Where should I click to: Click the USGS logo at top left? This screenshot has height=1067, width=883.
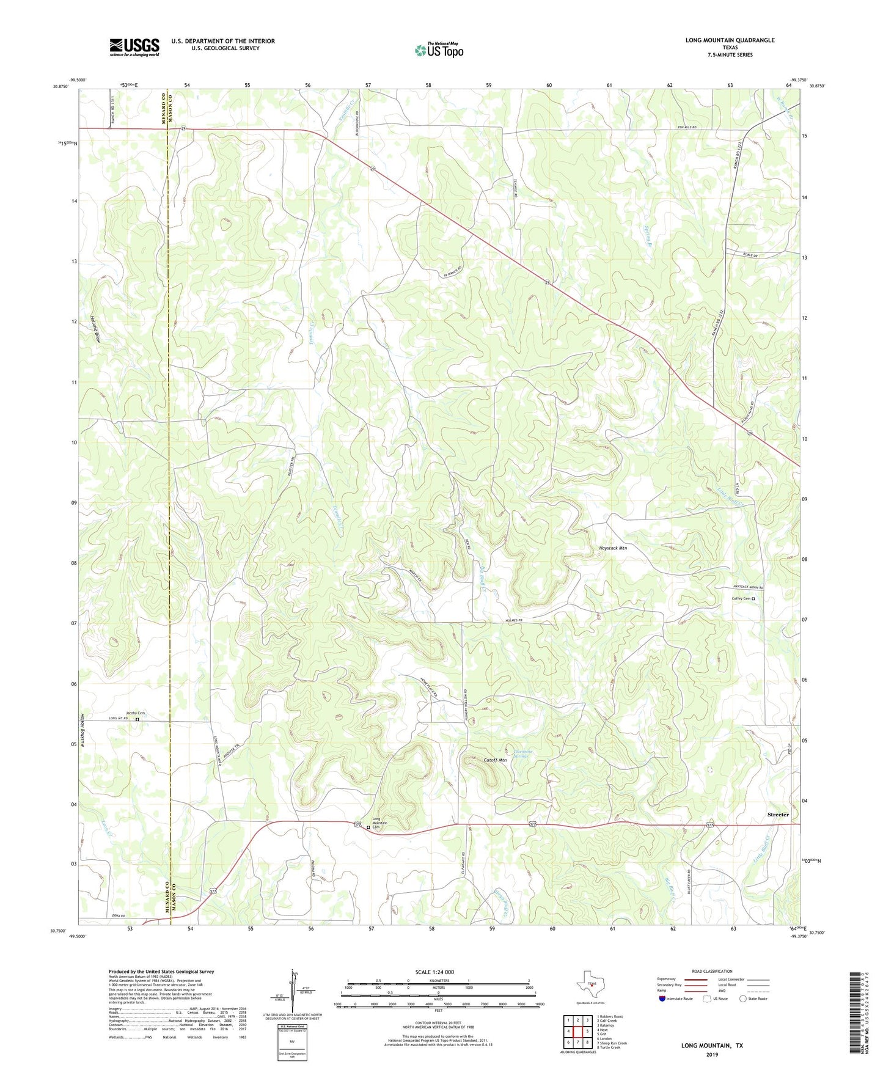coord(134,47)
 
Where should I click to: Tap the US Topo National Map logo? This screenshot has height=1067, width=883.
coord(439,50)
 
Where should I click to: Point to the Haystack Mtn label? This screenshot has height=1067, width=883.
coord(613,548)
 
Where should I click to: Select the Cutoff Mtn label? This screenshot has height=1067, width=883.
coord(495,760)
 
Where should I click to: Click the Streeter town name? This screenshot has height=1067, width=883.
coord(778,815)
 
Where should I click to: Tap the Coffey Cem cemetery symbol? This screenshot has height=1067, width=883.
coord(753,599)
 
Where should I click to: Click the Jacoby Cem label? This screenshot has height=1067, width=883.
coord(135,713)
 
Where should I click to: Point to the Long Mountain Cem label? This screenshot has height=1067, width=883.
coord(379,823)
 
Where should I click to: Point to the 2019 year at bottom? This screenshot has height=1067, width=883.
coord(712,1054)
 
